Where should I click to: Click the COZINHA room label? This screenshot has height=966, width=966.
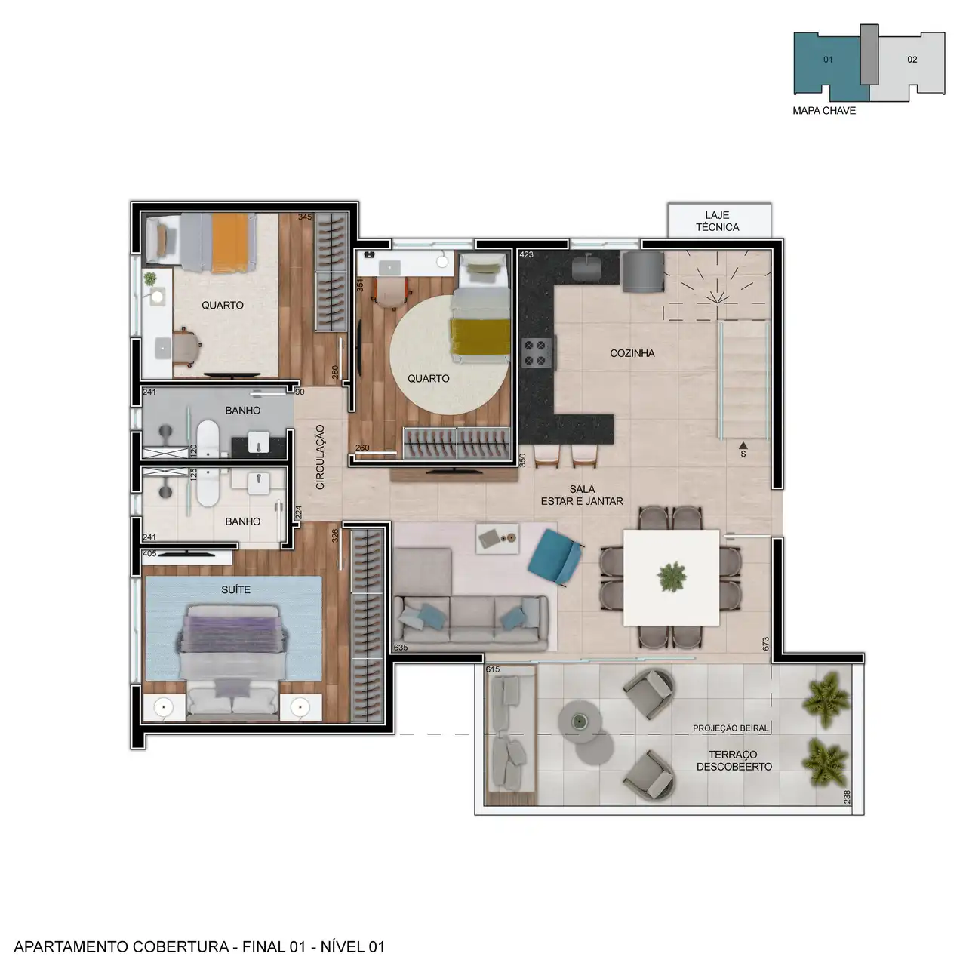[632, 353]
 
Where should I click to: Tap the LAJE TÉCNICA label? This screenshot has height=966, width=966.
[717, 221]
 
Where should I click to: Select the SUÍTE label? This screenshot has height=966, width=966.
[235, 589]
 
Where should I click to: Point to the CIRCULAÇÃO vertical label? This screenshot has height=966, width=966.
[320, 457]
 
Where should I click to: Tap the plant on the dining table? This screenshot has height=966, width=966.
[671, 577]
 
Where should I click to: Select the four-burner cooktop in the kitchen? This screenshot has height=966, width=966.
[536, 353]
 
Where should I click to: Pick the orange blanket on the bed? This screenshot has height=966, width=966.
[230, 243]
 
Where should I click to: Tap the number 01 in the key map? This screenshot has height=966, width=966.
[828, 60]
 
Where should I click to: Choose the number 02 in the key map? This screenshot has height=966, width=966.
[912, 60]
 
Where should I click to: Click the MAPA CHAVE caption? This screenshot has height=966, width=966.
[823, 111]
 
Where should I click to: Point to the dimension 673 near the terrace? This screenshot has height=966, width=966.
[765, 644]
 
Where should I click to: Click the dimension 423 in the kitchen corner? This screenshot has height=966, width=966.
[526, 254]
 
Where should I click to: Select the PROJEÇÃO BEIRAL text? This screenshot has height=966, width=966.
[731, 728]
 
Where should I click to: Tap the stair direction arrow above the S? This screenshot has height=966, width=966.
[743, 445]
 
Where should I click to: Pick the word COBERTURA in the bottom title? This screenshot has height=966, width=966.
[181, 946]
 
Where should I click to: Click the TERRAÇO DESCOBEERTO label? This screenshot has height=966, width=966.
[734, 761]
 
